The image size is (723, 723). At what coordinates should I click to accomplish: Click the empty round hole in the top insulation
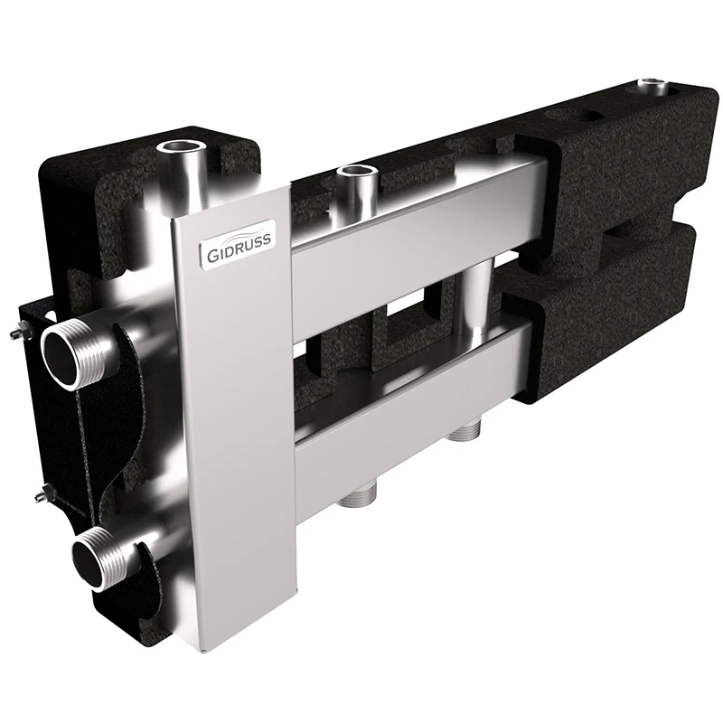[x=571, y=121]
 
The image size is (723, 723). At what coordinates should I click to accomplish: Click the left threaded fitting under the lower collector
[x=357, y=494]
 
